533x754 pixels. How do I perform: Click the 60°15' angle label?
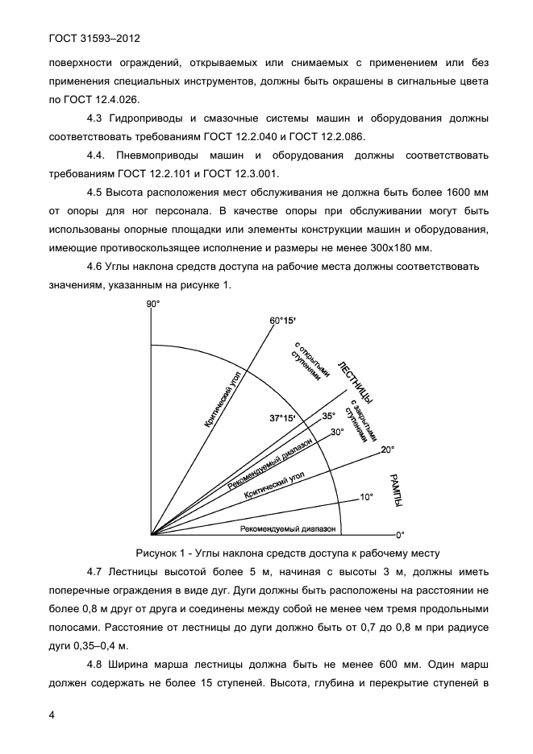click(x=282, y=321)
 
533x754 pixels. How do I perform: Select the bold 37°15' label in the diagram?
click(x=282, y=418)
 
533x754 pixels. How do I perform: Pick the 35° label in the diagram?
click(x=328, y=416)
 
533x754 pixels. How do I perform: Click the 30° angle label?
click(x=337, y=432)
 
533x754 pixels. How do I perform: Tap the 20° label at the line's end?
click(x=387, y=449)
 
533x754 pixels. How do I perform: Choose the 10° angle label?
click(x=366, y=498)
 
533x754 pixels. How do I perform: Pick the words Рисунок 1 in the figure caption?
click(x=162, y=553)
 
